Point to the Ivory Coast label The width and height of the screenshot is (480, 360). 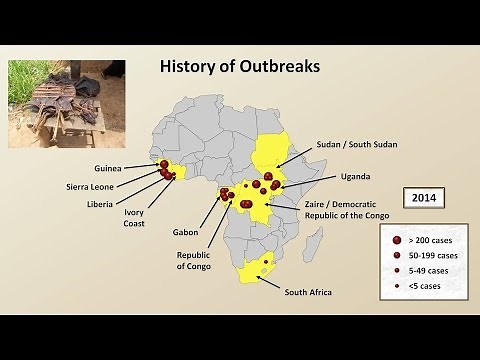pyautogui.click(x=134, y=217)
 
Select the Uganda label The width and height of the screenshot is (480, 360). pyautogui.click(x=356, y=176)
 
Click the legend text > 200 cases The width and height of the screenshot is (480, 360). pyautogui.click(x=433, y=240)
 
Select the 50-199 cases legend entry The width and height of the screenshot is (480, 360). pyautogui.click(x=433, y=255)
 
